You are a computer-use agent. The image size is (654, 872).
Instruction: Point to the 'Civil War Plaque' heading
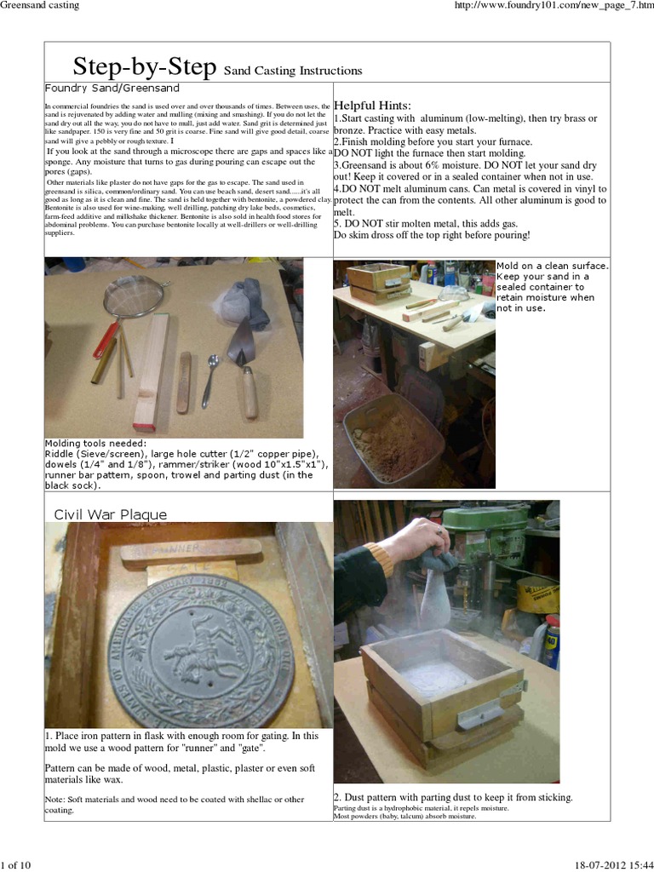(111, 514)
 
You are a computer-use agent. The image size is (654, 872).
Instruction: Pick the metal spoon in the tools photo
(209, 381)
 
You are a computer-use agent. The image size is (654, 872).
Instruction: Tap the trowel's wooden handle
(249, 391)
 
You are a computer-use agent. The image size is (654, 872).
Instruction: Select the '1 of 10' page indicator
(16, 865)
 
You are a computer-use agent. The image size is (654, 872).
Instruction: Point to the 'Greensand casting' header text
(40, 6)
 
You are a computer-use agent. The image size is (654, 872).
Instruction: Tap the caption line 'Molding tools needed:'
(95, 443)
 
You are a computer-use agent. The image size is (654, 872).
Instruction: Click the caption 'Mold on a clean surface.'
(565, 266)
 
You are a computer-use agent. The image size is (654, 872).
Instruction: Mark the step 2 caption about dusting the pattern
(452, 797)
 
